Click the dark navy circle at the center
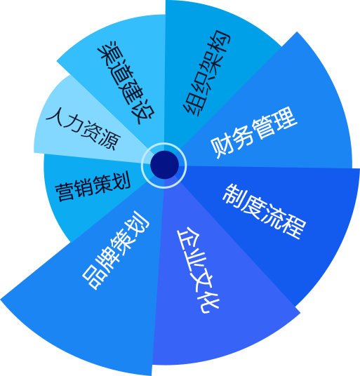(164, 165)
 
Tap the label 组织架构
(207, 73)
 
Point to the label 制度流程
(265, 212)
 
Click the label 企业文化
(198, 270)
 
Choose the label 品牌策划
(115, 250)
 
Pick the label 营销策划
(93, 186)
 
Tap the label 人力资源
(84, 129)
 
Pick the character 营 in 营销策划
(65, 192)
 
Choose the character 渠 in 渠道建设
(108, 52)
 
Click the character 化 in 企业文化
(209, 303)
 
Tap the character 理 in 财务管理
(286, 118)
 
